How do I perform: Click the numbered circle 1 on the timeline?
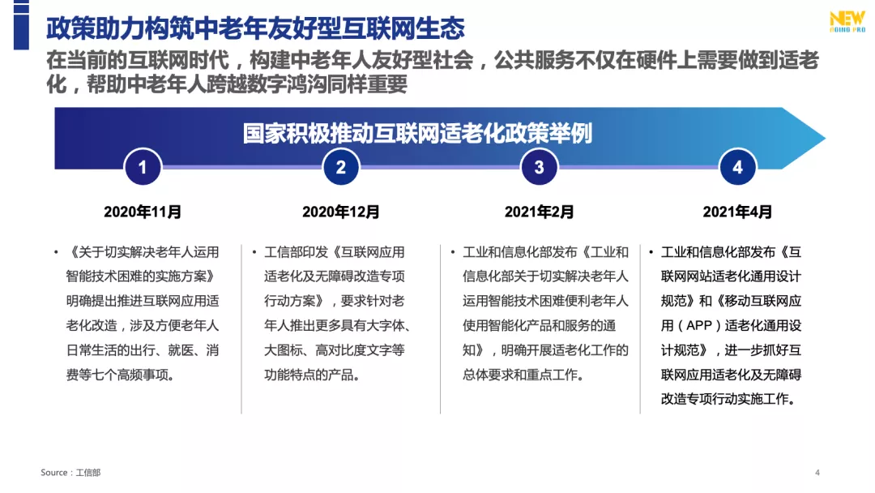[143, 168]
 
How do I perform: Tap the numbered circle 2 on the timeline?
[341, 168]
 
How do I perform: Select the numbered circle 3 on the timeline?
[540, 168]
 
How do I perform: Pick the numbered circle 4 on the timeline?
[737, 168]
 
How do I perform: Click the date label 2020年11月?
[143, 212]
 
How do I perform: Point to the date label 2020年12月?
[341, 212]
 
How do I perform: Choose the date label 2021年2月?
[540, 212]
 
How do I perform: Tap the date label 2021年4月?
[737, 212]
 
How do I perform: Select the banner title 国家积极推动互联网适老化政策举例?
[417, 133]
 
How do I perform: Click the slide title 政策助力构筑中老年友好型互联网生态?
[255, 29]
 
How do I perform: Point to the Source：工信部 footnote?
[71, 473]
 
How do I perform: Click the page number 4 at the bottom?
[817, 473]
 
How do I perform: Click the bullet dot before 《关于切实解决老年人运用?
[56, 253]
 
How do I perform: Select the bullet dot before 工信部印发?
[254, 253]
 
